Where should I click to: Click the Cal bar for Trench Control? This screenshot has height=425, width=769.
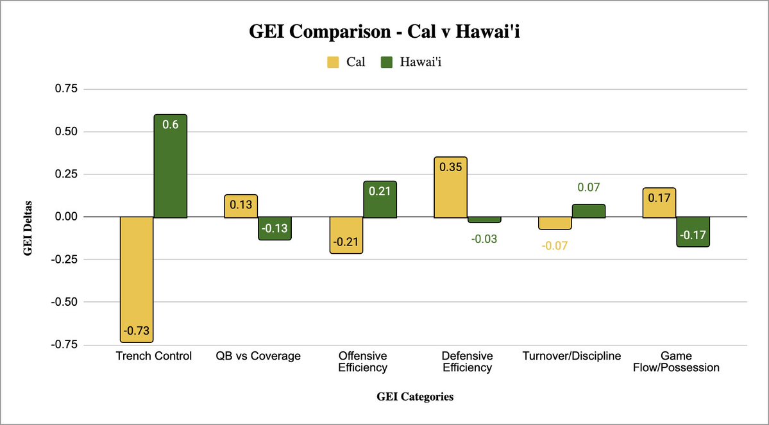[x=136, y=279]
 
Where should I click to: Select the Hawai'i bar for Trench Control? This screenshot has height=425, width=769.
[x=170, y=167]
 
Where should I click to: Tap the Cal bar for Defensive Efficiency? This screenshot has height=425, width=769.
[x=450, y=187]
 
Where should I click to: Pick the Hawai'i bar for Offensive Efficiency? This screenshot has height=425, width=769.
[x=380, y=199]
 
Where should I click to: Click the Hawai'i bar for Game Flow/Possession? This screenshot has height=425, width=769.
[x=693, y=231]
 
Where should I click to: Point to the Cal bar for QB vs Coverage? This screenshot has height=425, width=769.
[x=241, y=206]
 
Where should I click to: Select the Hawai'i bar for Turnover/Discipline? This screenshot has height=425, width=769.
[x=588, y=211]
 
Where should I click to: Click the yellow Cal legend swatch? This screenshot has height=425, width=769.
[x=334, y=62]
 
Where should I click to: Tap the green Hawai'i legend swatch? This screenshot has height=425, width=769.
[x=387, y=62]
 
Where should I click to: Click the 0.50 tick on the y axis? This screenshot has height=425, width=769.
[x=65, y=132]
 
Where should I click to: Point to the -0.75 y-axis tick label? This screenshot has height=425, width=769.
[x=63, y=344]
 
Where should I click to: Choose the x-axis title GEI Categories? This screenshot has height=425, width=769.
[x=414, y=397]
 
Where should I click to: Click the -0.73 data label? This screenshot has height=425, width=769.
[x=136, y=332]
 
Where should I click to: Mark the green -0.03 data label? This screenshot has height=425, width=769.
[x=484, y=238]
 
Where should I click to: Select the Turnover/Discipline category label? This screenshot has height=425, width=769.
[x=571, y=356]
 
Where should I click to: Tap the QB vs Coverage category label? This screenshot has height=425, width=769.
[x=258, y=356]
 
